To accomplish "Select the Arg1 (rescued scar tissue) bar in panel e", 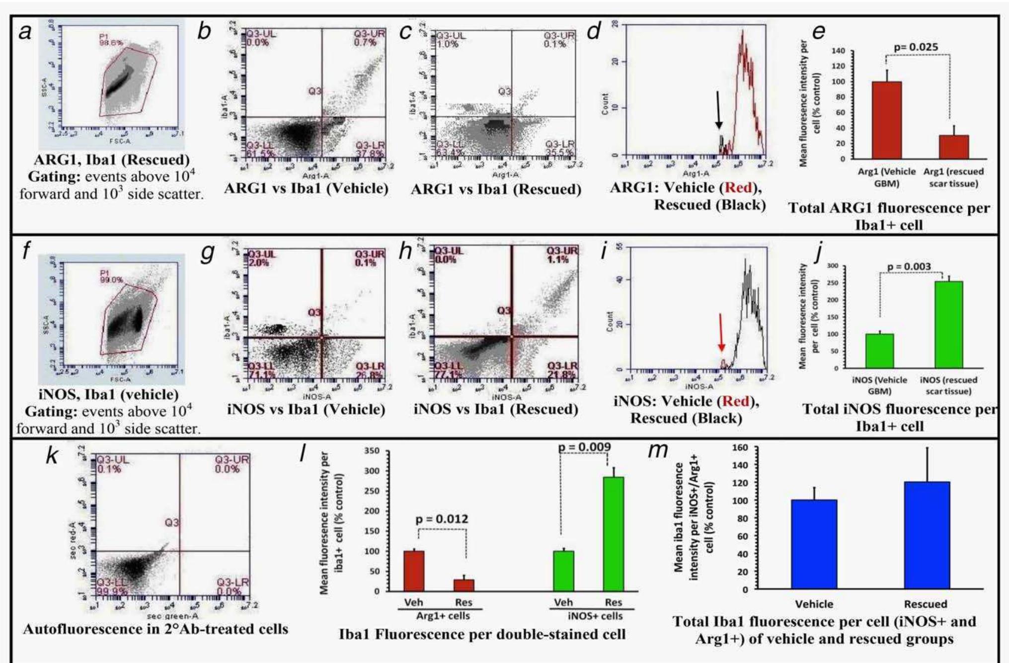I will click(x=953, y=147).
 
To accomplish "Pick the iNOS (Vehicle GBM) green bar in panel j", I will click(x=879, y=351).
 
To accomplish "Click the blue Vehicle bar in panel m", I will click(x=814, y=544).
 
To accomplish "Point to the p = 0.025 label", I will click(x=916, y=47).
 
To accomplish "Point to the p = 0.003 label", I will click(x=909, y=267).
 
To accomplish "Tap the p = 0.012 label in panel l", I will click(x=442, y=519).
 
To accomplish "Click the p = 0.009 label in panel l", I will click(x=584, y=447).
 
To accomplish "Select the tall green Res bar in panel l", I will click(x=613, y=534).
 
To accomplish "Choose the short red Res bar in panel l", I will click(x=464, y=585).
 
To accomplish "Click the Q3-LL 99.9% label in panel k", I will click(x=112, y=587).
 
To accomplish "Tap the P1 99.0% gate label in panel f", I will click(x=110, y=276).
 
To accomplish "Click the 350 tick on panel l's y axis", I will click(x=372, y=451).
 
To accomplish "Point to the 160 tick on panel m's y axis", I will click(x=741, y=447).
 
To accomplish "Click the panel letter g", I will click(x=207, y=252).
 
